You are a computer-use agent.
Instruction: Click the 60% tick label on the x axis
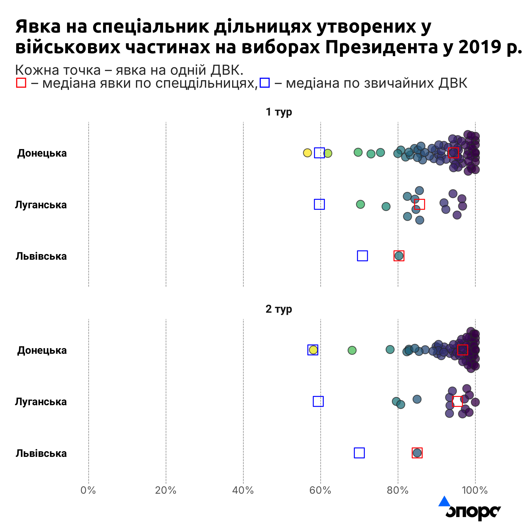tap(320, 490)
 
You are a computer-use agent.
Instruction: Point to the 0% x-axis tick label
tap(88, 490)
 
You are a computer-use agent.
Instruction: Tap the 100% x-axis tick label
tap(475, 490)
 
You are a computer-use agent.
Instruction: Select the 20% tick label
tap(165, 490)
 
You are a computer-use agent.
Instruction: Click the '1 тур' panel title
tap(279, 112)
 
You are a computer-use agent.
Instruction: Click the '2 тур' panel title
tap(279, 309)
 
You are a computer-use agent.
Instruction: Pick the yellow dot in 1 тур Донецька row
tap(307, 153)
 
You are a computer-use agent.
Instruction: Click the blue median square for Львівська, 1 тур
tap(362, 256)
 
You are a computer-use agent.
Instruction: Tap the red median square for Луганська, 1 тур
tap(419, 204)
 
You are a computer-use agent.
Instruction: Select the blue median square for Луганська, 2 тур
tap(318, 401)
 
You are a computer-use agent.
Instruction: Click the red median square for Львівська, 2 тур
tap(417, 453)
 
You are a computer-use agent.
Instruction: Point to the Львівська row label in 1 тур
tap(41, 256)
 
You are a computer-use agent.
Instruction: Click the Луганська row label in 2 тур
tap(41, 402)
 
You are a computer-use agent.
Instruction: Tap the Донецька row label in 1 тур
tap(42, 153)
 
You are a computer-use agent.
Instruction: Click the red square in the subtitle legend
tap(21, 83)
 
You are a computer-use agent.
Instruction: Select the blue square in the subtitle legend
tap(265, 83)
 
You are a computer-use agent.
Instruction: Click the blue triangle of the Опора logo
tap(444, 501)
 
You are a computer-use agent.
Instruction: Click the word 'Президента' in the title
tap(382, 47)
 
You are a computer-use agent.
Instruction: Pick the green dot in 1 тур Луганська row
tap(360, 204)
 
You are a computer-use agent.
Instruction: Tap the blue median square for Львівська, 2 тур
tap(359, 453)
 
